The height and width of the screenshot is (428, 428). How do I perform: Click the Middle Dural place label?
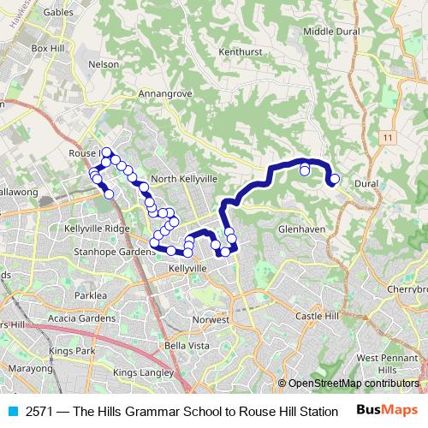331,32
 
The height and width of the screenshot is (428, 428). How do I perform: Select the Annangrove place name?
162,93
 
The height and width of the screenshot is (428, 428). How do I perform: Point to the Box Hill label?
48,49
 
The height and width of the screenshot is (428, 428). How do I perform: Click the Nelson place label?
104,63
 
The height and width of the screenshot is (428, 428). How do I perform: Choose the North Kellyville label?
184,178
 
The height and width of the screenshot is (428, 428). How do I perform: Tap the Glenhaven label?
301,229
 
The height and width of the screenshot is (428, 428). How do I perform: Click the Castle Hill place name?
318,317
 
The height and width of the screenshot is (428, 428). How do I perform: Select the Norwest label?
211,318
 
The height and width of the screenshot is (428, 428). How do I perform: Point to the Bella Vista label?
187,345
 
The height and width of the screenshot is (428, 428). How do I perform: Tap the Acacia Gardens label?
82,318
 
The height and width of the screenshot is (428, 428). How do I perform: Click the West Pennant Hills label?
378,363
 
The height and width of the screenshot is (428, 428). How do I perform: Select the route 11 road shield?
388,138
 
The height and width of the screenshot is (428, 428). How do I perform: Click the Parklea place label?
90,294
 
